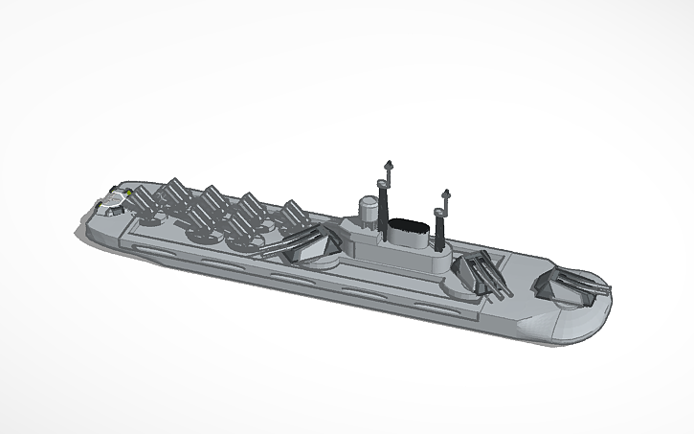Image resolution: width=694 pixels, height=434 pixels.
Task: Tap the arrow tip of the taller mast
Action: click(388, 163)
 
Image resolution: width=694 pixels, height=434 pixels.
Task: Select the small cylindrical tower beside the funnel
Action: click(367, 209)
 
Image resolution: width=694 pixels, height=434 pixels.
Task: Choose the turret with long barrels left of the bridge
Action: click(304, 243)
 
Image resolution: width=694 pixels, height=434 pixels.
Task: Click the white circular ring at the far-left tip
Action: click(113, 201)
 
